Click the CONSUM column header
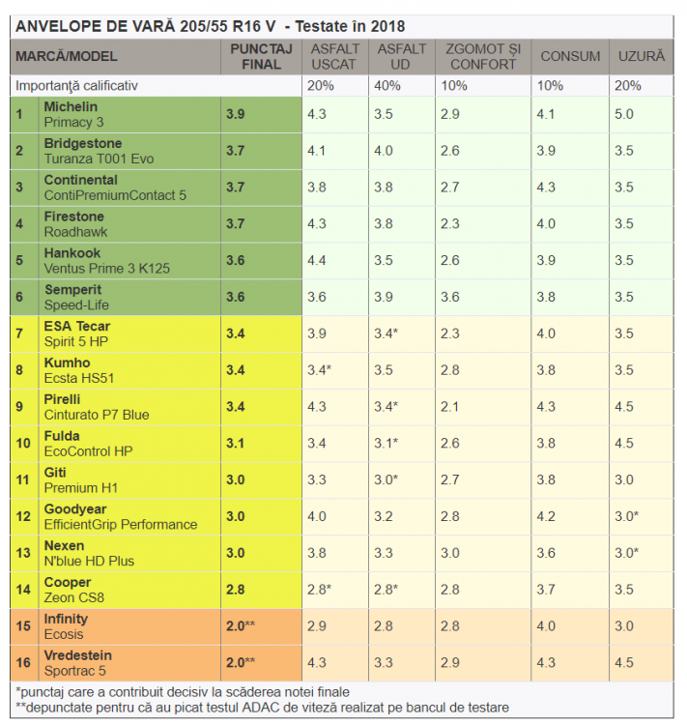570,56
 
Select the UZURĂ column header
642,56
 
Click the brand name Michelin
71,106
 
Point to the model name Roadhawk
75,232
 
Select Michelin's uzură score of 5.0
624,114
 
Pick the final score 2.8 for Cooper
236,590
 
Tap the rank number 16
21,662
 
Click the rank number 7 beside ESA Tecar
18,333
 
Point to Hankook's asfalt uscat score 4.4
316,260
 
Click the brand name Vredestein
77,655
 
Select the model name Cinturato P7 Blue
97,415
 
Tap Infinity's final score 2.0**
242,625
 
